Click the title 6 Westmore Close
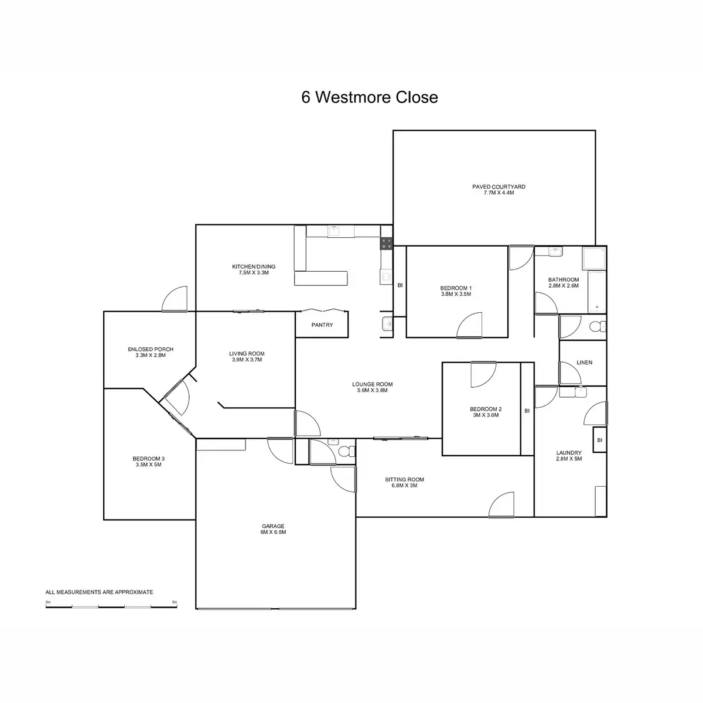coord(370,97)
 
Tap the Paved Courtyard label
coord(499,187)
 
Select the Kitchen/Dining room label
coord(253,267)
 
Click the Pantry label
coord(322,325)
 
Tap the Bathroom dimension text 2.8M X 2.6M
coord(563,286)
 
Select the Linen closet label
coord(584,363)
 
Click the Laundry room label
coord(569,453)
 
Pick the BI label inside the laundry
coord(599,440)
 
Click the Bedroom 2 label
coord(486,409)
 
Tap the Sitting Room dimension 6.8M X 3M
coord(404,486)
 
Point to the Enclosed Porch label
coord(151,349)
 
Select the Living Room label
coord(247,353)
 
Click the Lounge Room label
coord(372,384)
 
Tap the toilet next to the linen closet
coord(596,327)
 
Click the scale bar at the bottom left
coord(111,606)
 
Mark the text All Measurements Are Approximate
coord(99,592)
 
